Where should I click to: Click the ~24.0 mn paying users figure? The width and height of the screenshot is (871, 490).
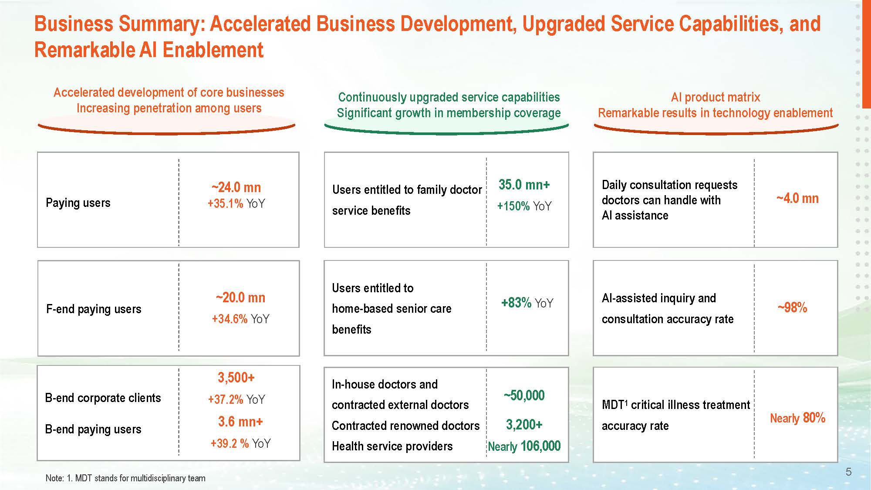236,188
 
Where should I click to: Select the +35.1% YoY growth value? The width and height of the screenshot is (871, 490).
236,204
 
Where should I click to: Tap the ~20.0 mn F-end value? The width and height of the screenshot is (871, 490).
240,298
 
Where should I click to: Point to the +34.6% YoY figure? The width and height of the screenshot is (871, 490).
240,319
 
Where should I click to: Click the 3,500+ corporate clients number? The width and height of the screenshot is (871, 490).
236,378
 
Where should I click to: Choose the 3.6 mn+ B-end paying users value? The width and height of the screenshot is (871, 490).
240,422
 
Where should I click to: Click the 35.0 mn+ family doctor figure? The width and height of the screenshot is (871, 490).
524,185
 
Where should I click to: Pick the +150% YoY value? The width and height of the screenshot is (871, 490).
524,206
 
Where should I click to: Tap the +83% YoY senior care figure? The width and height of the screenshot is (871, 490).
527,303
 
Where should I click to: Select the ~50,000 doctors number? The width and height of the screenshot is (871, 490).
524,395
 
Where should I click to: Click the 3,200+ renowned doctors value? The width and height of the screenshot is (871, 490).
524,425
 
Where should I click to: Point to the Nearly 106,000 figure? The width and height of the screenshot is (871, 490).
524,446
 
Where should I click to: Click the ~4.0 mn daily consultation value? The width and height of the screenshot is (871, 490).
797,199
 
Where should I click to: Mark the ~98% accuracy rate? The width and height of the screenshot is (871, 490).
792,308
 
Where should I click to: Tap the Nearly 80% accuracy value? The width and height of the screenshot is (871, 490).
797,419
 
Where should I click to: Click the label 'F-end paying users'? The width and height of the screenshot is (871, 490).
94,309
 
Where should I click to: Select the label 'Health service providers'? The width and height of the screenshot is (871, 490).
392,446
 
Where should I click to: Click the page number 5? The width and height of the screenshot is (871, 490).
848,472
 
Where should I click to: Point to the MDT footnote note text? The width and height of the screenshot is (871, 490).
125,478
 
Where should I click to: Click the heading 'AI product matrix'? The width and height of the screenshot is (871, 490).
716,97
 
